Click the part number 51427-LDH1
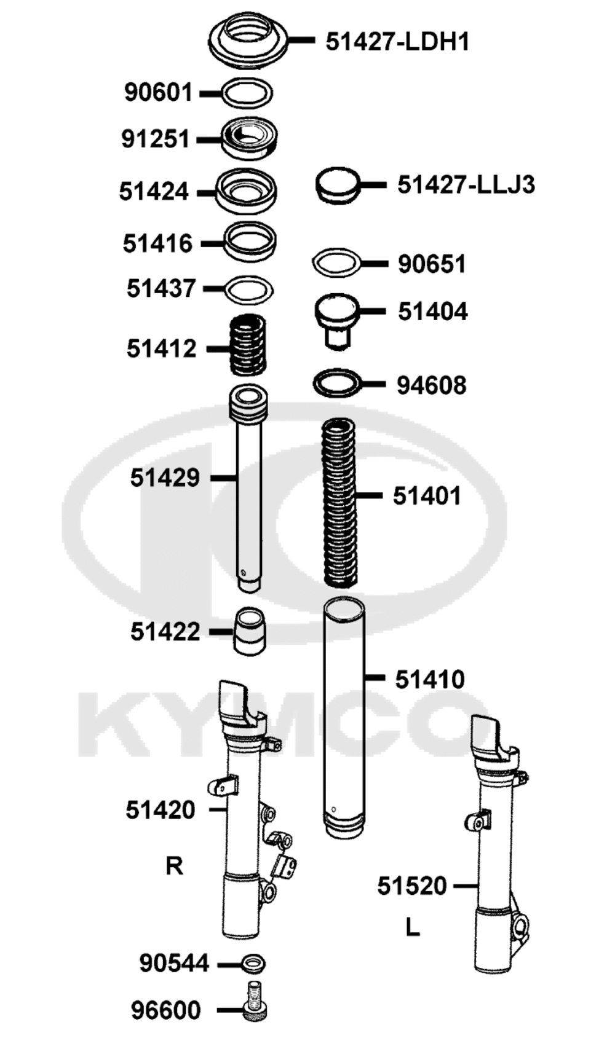(x=397, y=42)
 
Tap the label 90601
(x=158, y=92)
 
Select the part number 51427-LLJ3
(x=466, y=185)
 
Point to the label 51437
(x=161, y=288)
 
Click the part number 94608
(x=431, y=385)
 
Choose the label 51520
(x=412, y=886)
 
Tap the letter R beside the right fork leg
(x=175, y=865)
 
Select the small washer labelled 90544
(x=253, y=964)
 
